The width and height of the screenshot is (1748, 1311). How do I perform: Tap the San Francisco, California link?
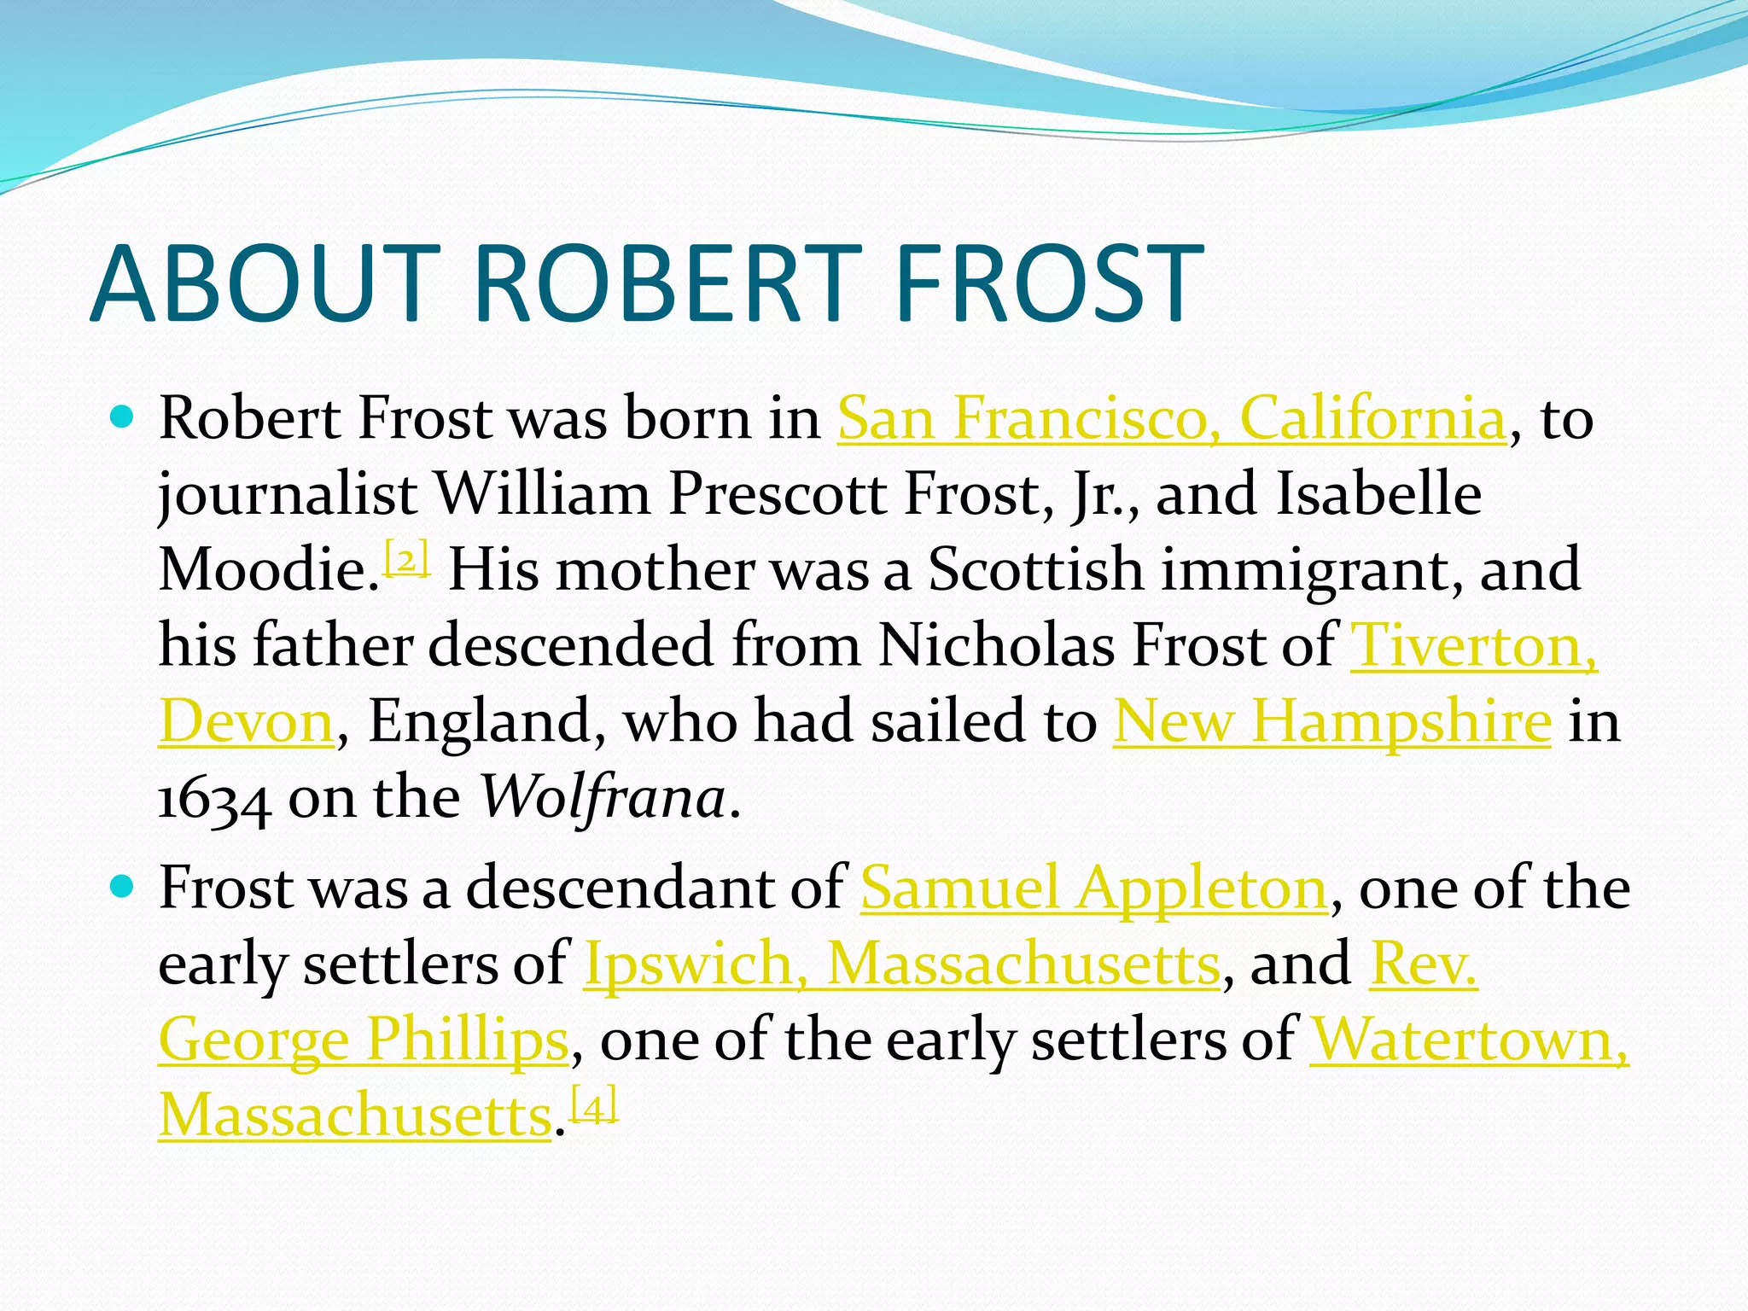coord(1171,419)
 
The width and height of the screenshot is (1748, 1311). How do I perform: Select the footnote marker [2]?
coord(407,559)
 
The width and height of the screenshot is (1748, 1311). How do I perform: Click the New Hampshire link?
coord(1331,722)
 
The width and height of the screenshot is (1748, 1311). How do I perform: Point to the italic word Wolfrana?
coord(603,797)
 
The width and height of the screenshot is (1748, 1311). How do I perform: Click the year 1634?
coord(215,799)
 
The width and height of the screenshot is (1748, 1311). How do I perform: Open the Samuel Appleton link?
coord(1093,888)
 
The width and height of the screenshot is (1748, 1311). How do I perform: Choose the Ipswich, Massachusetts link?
coord(901,964)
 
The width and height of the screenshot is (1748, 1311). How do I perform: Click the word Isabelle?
coord(1378,494)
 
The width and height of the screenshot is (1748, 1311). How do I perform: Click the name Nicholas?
coord(995,645)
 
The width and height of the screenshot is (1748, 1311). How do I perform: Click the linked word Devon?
coord(246,722)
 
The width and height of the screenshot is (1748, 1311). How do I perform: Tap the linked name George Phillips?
coord(364,1040)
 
